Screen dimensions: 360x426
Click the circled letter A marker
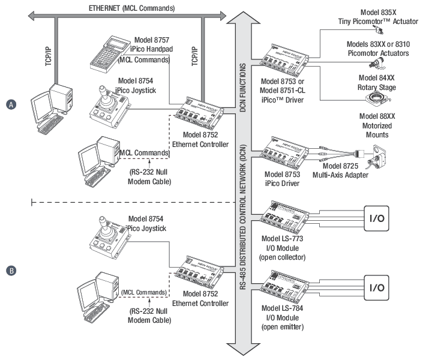coord(11,104)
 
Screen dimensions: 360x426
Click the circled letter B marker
coord(11,271)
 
